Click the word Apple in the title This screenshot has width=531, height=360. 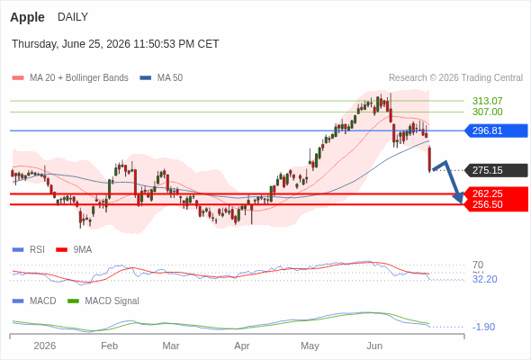pyautogui.click(x=27, y=17)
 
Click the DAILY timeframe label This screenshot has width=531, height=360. pyautogui.click(x=73, y=16)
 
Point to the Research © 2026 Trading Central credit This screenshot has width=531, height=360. pyautogui.click(x=455, y=77)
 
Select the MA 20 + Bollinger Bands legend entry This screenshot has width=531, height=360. pyautogui.click(x=70, y=77)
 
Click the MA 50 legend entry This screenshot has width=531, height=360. pyautogui.click(x=161, y=77)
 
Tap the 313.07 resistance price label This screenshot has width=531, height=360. pyautogui.click(x=487, y=101)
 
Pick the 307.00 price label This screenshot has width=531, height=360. pyautogui.click(x=487, y=112)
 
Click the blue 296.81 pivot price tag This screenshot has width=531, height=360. pyautogui.click(x=495, y=130)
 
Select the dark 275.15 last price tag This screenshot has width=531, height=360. pyautogui.click(x=495, y=170)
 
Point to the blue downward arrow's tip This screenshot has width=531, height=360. pyautogui.click(x=462, y=203)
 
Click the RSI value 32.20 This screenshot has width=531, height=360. pyautogui.click(x=484, y=279)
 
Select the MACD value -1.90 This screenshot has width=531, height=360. pyautogui.click(x=483, y=327)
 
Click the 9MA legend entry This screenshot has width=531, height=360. pyautogui.click(x=74, y=249)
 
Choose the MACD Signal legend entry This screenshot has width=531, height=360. pyautogui.click(x=103, y=301)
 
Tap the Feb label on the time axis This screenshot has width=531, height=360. pyautogui.click(x=110, y=346)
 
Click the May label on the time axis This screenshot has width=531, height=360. pyautogui.click(x=310, y=346)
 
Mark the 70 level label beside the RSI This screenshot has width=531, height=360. pyautogui.click(x=478, y=265)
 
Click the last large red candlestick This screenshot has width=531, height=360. pyautogui.click(x=429, y=158)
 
